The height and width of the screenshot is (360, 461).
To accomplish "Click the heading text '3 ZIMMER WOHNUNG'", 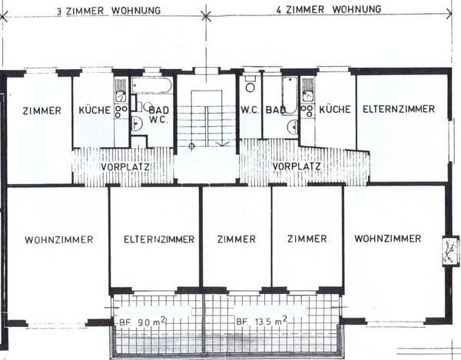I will coord(109,10).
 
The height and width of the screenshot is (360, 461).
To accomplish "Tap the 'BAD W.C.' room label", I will coord(159,114).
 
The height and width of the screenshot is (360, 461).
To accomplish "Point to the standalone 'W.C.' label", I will coord(250,109).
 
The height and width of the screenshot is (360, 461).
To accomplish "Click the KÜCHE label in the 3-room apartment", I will coord(94,110).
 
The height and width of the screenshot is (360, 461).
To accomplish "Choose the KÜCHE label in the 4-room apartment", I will coord(335,109).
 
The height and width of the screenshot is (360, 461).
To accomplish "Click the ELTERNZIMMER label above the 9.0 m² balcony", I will coord(158,239).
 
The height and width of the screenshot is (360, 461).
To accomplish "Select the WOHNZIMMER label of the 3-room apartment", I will coord(58,239).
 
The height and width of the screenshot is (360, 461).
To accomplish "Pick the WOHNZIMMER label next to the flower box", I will coord(387,239).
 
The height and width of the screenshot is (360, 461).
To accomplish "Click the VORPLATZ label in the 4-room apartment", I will coord(296,166).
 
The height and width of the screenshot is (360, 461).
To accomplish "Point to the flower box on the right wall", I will coord(449,251).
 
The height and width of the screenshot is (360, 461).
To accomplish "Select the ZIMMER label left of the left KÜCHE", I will coord(41,110).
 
